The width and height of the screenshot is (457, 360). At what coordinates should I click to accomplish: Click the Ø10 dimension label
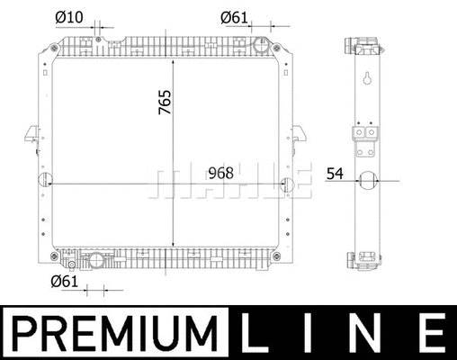click(68, 17)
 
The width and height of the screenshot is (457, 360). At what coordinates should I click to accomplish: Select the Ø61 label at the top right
click(235, 17)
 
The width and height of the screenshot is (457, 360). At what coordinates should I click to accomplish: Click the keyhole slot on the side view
click(367, 79)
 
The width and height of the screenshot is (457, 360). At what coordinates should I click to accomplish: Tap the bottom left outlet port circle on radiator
click(95, 261)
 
